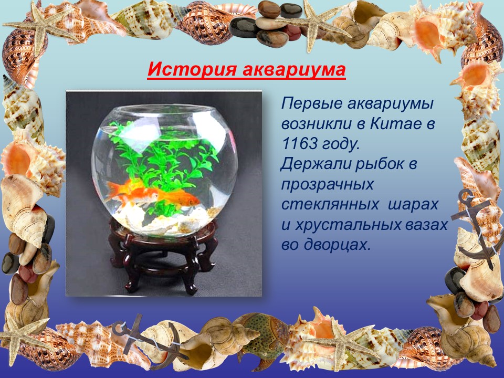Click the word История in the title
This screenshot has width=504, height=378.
(192, 69)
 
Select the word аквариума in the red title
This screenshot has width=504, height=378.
(294, 69)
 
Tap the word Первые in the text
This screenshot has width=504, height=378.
(310, 104)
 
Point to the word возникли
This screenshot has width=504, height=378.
(316, 124)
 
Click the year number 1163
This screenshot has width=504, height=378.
(299, 144)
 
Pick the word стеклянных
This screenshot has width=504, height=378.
(330, 205)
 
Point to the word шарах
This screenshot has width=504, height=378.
(413, 205)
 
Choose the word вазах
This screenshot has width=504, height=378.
(426, 225)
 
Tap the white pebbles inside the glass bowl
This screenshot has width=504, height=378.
(167, 218)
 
